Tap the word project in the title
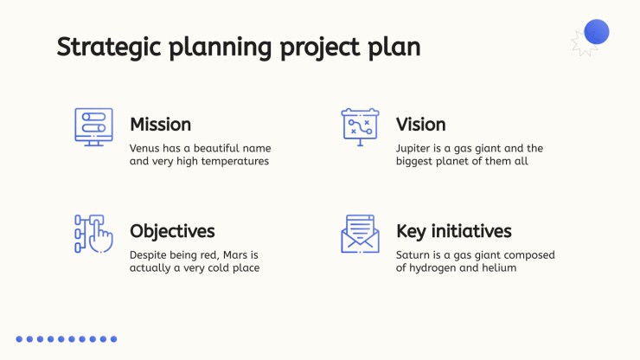[320, 48]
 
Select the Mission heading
[160, 125]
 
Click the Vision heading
[421, 125]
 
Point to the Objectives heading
[172, 231]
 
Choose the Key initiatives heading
[454, 231]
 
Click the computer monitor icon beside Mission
[94, 127]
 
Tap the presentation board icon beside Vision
[360, 127]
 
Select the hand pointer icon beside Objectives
[94, 234]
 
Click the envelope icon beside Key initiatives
[360, 234]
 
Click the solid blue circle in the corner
[597, 31]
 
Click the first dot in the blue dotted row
[19, 339]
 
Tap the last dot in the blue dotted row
[114, 339]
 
